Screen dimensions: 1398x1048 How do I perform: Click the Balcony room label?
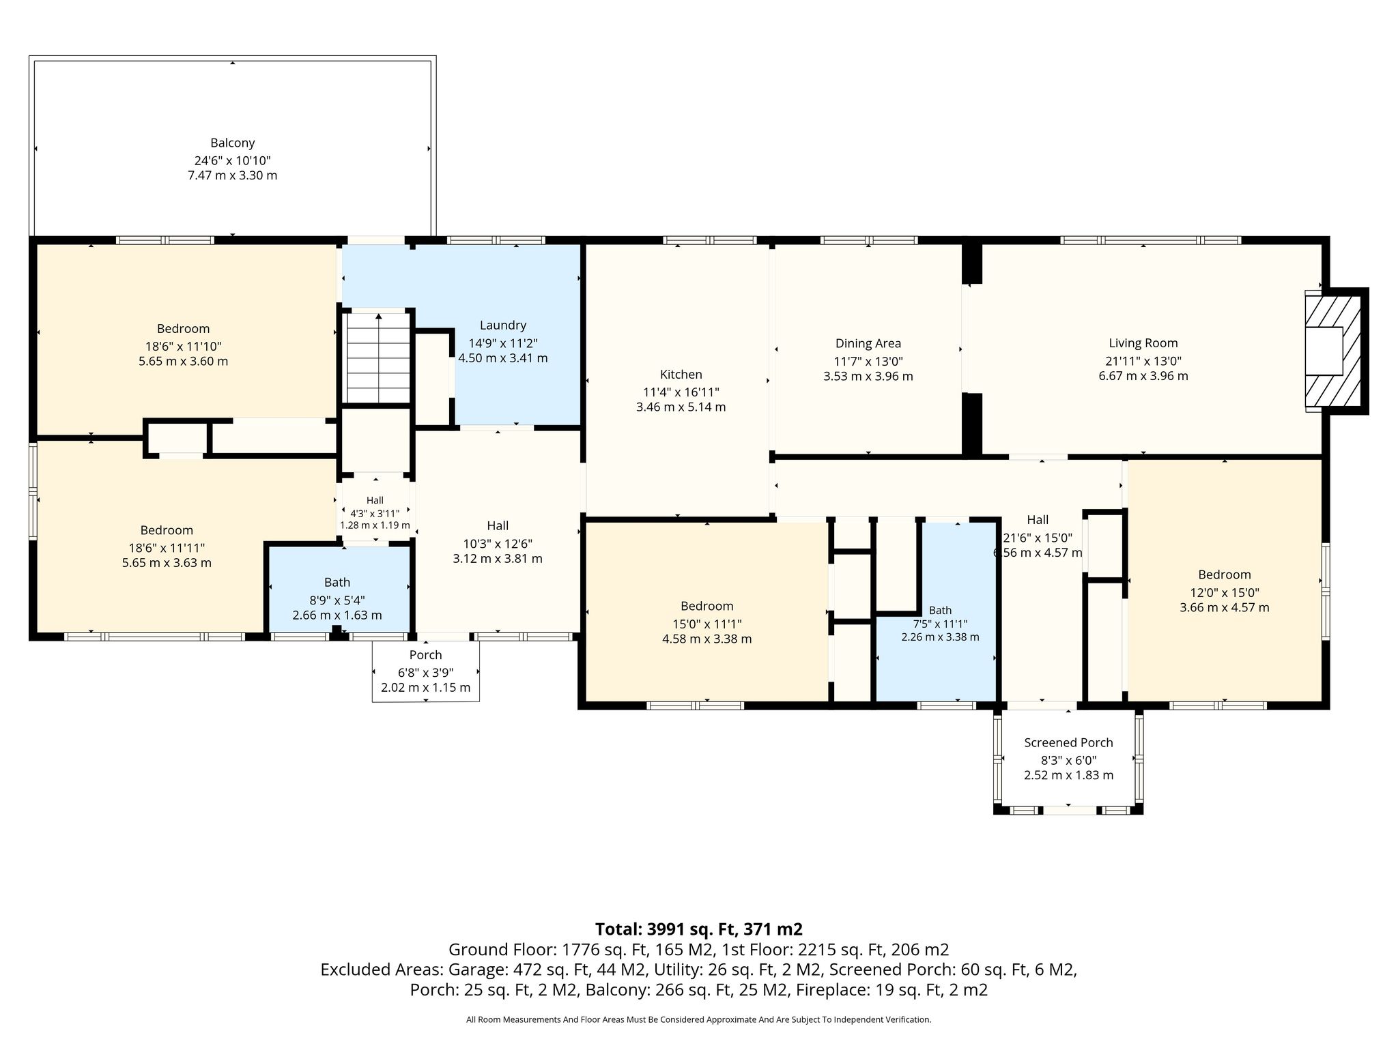[x=232, y=143]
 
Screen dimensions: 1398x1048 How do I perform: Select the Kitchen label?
[x=681, y=375]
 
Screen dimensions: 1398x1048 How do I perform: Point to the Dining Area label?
[x=868, y=344]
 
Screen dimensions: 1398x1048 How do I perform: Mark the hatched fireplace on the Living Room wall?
[x=1334, y=351]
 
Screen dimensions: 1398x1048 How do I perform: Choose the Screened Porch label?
[x=1068, y=743]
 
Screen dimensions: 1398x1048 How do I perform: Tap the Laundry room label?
[x=503, y=325]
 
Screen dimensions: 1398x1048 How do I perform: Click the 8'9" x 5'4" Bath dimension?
[x=337, y=600]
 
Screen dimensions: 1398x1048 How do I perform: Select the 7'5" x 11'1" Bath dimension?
[x=940, y=624]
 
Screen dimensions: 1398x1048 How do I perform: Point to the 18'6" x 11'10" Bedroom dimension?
[x=183, y=347]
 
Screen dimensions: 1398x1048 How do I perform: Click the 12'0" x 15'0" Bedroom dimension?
[x=1225, y=593]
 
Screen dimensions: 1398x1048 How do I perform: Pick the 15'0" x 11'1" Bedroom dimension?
[x=707, y=624]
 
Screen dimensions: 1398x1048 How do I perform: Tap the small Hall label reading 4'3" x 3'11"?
[x=375, y=512]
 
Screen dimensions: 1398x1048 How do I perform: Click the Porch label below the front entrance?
[x=425, y=655]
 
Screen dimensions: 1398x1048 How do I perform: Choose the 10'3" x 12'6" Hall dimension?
[x=498, y=544]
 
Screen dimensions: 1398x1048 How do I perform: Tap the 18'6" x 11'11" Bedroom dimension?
[x=167, y=548]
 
